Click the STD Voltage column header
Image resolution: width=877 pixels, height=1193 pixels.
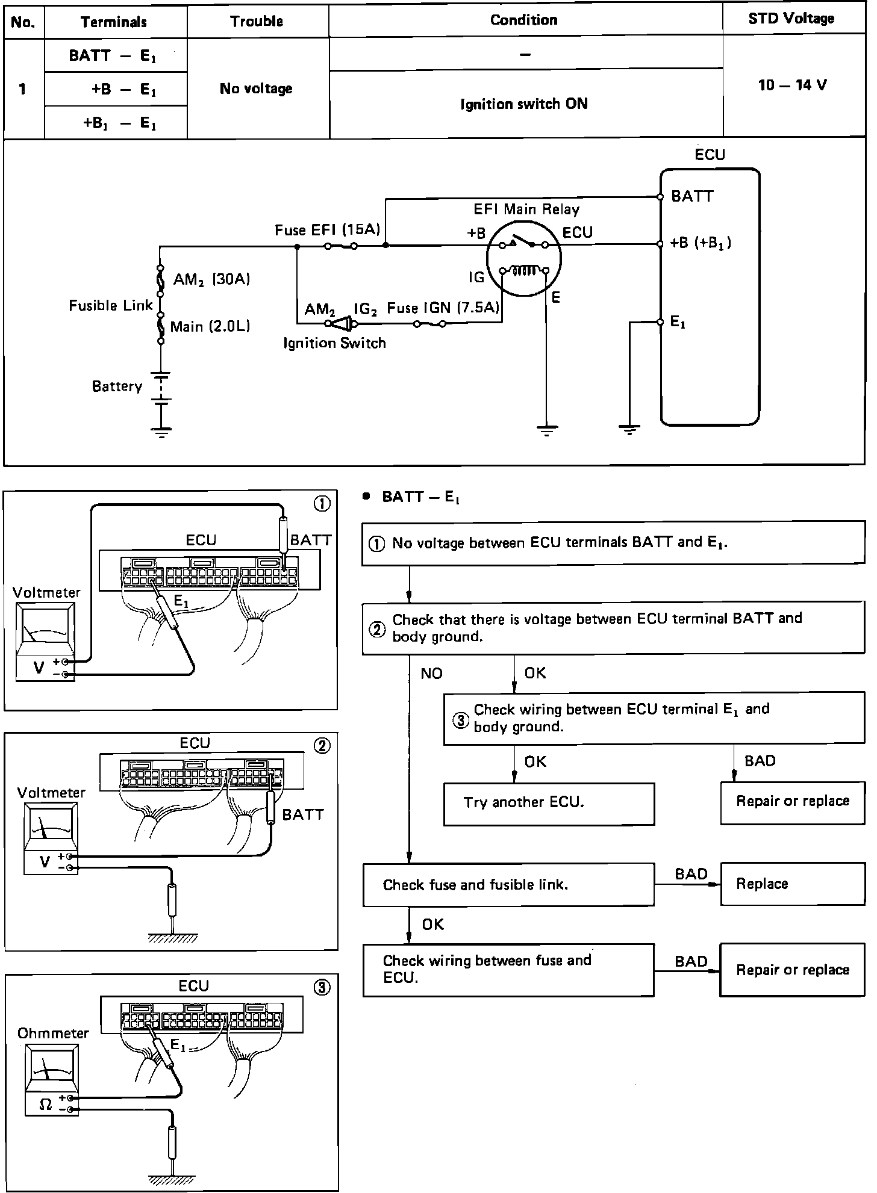791,19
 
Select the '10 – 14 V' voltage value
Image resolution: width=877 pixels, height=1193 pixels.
792,85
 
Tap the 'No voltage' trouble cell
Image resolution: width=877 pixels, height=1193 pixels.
256,89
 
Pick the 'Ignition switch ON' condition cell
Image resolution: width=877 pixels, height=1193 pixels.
523,104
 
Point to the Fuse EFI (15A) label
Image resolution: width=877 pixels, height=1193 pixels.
327,230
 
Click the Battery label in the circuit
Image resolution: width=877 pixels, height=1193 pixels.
117,386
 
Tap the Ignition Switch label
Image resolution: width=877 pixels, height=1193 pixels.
334,343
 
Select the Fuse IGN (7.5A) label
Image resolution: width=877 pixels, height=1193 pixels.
443,308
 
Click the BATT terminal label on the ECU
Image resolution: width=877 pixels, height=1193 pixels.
692,196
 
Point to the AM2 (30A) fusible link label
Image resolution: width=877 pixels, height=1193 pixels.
211,279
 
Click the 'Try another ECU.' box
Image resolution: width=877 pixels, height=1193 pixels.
548,803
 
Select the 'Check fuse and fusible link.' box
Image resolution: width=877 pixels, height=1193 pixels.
508,884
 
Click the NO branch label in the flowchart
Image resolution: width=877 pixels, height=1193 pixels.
431,673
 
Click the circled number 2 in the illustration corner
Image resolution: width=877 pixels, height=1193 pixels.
322,746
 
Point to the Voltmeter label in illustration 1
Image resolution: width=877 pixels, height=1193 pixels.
46,592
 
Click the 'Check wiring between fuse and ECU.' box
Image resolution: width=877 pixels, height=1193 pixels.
508,969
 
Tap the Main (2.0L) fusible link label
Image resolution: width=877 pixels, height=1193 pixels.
210,327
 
